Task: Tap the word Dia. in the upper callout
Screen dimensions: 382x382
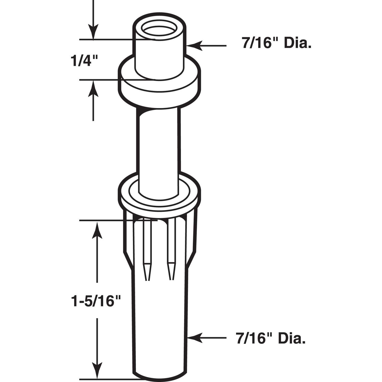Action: (x=297, y=44)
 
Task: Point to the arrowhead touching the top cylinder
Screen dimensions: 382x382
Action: (x=194, y=46)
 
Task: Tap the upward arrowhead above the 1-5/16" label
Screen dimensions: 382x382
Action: (x=97, y=229)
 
